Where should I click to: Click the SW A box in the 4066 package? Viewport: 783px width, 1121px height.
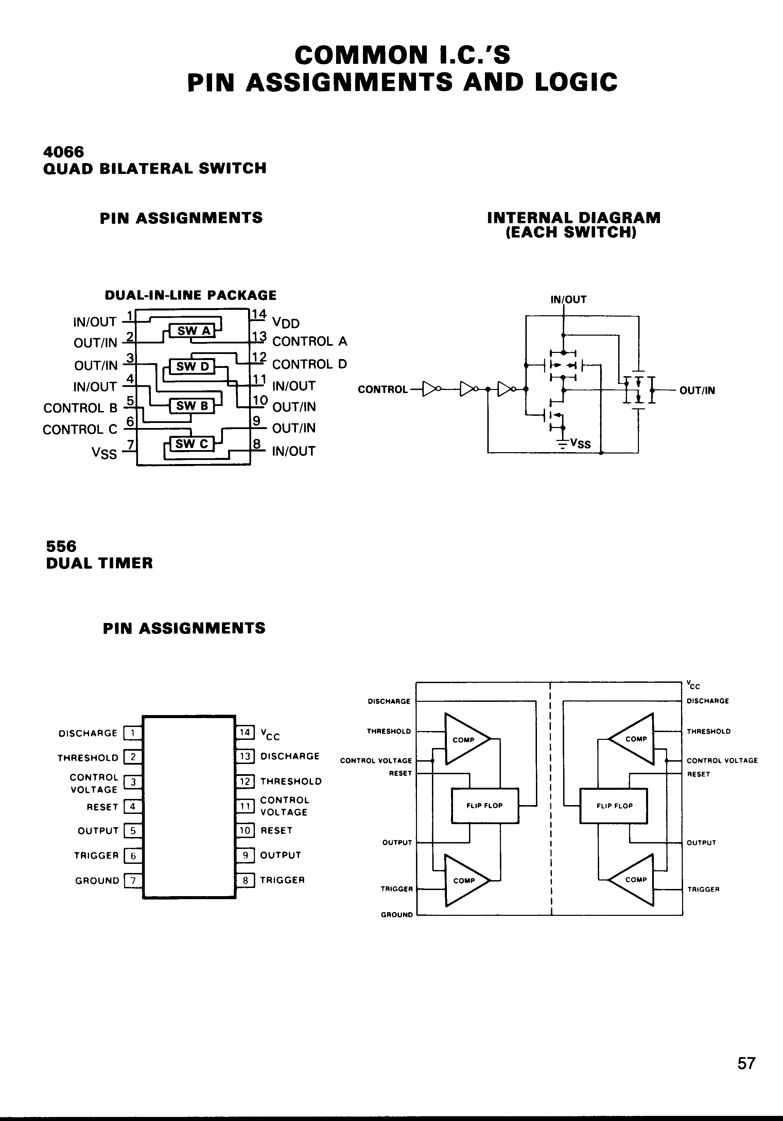[193, 331]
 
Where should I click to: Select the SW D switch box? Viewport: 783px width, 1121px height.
[192, 367]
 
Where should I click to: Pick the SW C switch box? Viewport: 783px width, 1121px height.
[191, 444]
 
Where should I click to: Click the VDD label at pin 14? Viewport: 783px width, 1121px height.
[286, 323]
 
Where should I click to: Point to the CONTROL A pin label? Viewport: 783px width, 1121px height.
[309, 341]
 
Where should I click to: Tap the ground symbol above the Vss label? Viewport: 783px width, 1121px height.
[563, 444]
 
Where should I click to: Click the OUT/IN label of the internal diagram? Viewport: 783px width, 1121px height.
[697, 390]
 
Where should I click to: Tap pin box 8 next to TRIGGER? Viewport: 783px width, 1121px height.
[245, 880]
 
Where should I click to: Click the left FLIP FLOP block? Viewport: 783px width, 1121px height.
[485, 806]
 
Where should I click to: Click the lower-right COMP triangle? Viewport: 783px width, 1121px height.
[634, 879]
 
